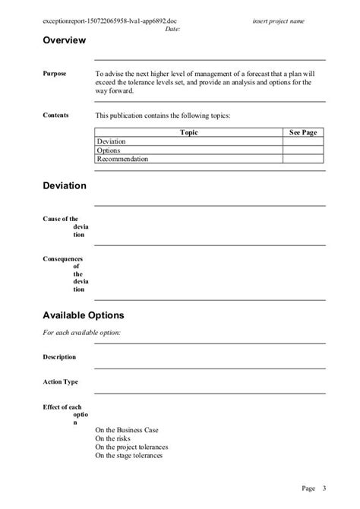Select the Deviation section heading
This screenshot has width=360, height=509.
pos(65,186)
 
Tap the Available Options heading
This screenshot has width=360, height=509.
pos(84,315)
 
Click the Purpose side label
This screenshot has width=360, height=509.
pos(55,74)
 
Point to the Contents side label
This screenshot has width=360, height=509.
pos(55,115)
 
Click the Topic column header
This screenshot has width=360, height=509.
pos(189,132)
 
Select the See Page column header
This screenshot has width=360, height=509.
pos(303,132)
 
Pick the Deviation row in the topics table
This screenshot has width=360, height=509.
pos(112,141)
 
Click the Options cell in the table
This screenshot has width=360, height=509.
pos(109,150)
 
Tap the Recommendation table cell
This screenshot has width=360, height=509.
pos(122,160)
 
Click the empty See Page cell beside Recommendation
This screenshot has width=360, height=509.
pos(303,160)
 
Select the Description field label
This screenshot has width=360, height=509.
pos(59,357)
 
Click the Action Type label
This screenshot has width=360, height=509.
pos(61,382)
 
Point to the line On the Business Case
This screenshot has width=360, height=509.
pos(128,429)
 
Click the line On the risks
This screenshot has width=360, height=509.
pos(114,438)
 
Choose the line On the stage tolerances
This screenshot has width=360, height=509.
pos(129,457)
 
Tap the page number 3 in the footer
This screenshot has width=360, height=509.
pos(324,488)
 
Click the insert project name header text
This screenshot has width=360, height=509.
pos(279,21)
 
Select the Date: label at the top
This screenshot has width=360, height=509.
pos(172,29)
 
